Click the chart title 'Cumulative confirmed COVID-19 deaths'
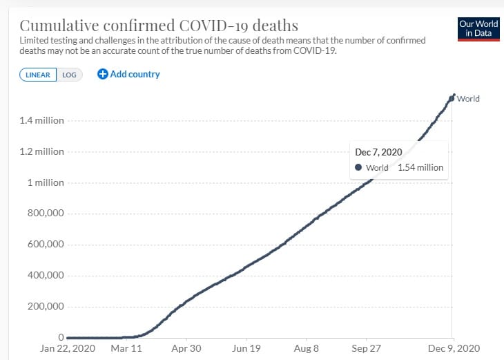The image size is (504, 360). tap(159, 26)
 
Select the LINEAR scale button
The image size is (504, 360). tap(38, 75)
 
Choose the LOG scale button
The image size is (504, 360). tap(69, 75)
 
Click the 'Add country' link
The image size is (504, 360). tap(135, 74)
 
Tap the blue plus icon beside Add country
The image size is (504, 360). tap(103, 74)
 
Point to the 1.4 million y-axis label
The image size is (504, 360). tap(42, 120)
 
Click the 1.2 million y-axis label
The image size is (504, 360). tap(42, 151)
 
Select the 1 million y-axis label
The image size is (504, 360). tap(46, 182)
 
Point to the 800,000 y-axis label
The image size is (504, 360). tap(46, 214)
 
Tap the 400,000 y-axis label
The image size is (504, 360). tap(46, 276)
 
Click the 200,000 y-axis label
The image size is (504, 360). tap(46, 307)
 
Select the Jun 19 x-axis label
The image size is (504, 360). tap(246, 348)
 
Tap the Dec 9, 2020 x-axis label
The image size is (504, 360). tap(453, 348)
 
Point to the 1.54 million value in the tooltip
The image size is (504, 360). tap(420, 167)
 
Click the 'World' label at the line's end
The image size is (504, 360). tap(468, 99)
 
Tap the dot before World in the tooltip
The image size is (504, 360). tap(358, 167)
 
